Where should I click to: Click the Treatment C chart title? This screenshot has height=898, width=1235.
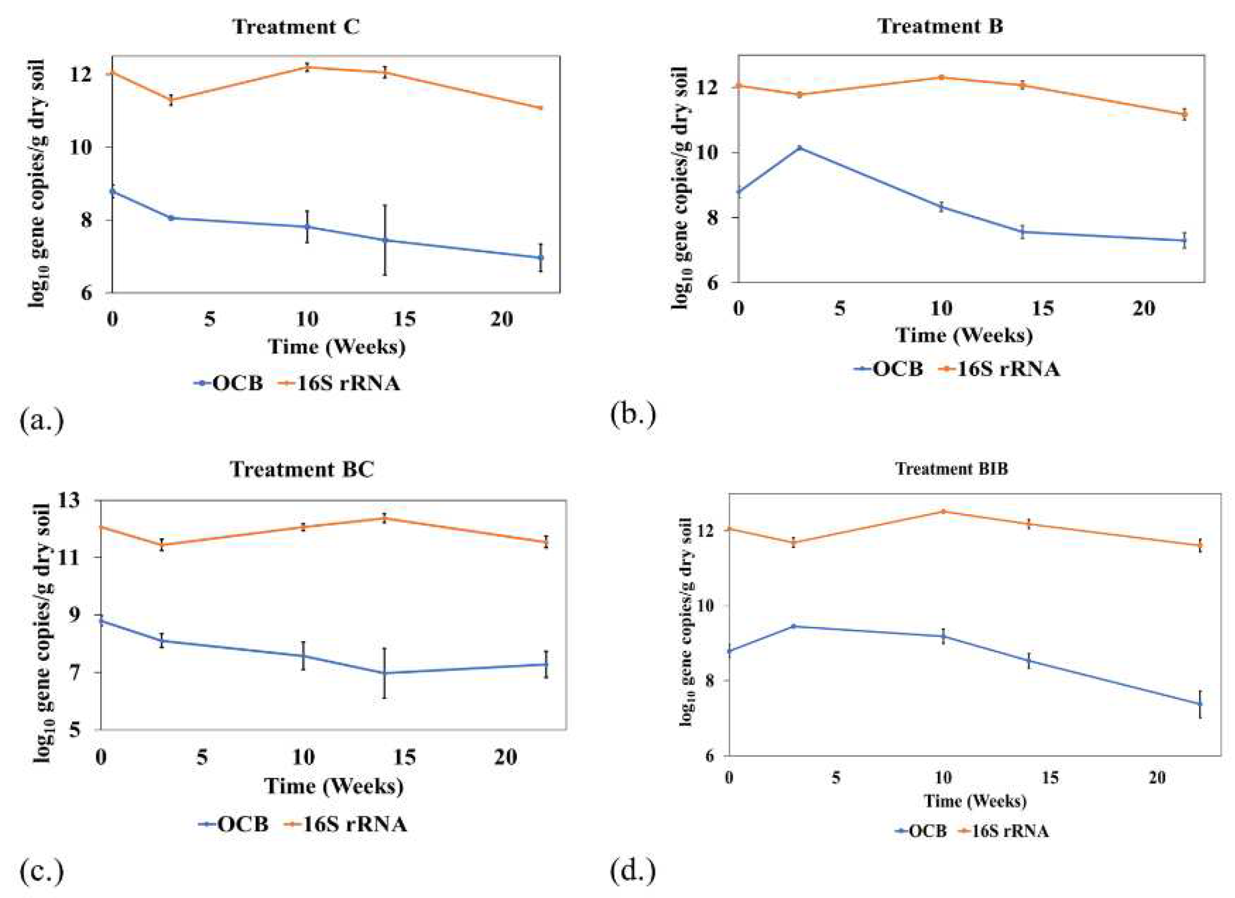click(x=296, y=27)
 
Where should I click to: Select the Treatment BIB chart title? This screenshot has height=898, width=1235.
click(x=951, y=468)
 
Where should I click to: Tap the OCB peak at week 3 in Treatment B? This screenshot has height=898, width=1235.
click(x=800, y=148)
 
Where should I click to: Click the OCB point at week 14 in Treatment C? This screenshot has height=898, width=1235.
click(x=385, y=240)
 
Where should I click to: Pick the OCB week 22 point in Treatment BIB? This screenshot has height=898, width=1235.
click(x=1200, y=704)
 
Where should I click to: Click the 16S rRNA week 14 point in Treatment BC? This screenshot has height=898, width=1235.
click(x=384, y=518)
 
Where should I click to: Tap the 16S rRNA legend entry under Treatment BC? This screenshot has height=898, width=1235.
click(x=344, y=824)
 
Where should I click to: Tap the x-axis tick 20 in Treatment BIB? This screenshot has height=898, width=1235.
click(x=1157, y=777)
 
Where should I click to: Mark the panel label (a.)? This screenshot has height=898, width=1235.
click(x=42, y=421)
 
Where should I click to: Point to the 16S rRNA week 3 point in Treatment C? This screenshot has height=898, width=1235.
click(x=171, y=100)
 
